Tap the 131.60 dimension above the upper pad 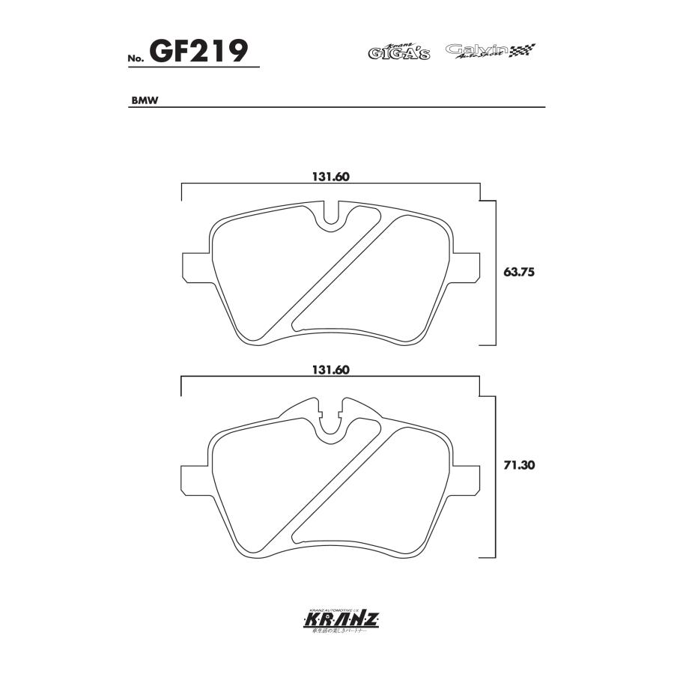[331, 177]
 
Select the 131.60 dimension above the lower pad [331, 370]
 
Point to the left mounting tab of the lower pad [195, 479]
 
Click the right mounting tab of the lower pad [466, 479]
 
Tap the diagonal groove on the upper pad [341, 273]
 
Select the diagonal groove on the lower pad [341, 487]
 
